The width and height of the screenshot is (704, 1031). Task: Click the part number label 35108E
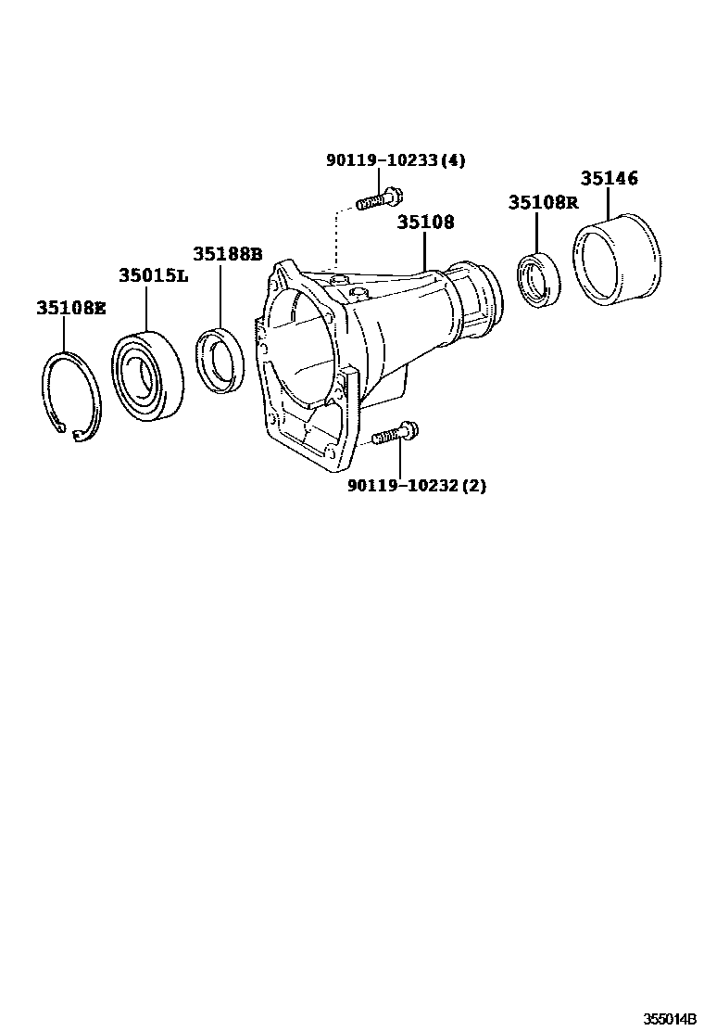pos(71,309)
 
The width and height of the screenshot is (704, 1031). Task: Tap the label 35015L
pos(152,275)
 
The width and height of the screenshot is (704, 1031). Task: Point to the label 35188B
pos(227,253)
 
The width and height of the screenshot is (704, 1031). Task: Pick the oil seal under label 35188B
pos(221,359)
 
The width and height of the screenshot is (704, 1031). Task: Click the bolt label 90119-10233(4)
pos(395,160)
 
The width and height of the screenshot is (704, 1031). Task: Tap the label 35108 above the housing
pos(425,223)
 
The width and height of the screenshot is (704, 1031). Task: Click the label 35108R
pos(542,202)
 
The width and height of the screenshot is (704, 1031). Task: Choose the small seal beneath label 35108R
pos(538,278)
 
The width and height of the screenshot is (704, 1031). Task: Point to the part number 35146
pos(609,178)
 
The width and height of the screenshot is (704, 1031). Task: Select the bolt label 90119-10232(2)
pos(416,486)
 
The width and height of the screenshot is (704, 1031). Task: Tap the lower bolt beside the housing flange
pos(396,432)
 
